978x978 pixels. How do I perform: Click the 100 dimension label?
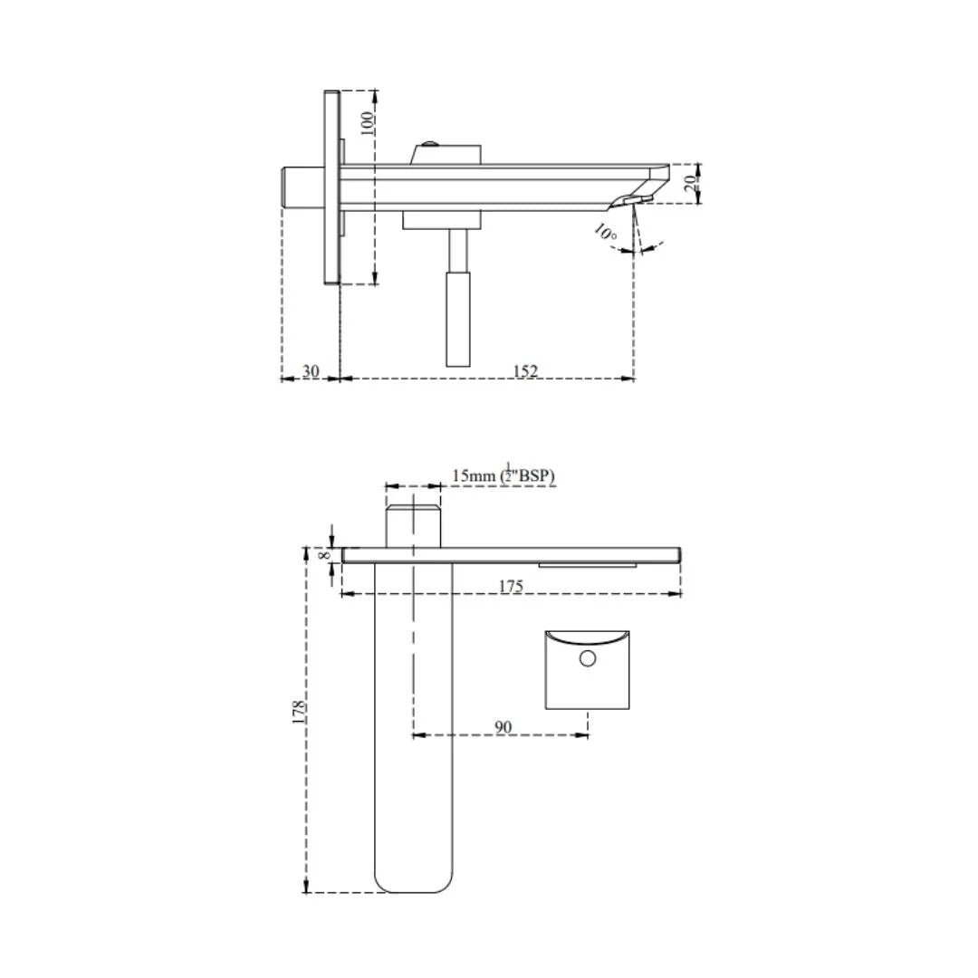point(368,122)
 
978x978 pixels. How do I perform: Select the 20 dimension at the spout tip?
point(690,183)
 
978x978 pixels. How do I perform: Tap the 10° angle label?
point(605,233)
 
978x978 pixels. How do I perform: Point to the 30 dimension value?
point(311,371)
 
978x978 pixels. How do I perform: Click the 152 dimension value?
point(525,371)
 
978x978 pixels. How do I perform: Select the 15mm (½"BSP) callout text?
point(503,475)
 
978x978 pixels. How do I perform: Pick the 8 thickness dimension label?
point(326,554)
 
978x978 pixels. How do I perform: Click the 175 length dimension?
point(511,586)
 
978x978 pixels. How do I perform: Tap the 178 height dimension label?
point(300,710)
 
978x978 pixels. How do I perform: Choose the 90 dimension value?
point(503,726)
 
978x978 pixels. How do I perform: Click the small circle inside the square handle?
point(588,658)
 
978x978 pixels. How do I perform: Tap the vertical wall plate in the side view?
point(331,187)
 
